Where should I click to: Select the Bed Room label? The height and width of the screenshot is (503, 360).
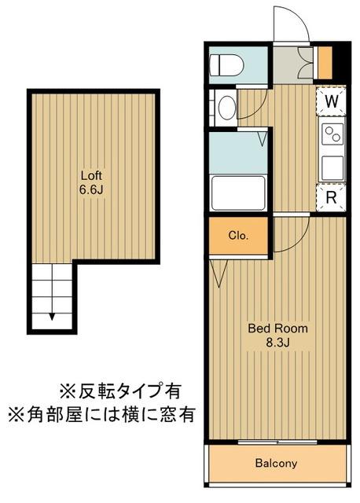277,329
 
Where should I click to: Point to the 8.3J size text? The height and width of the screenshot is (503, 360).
277,343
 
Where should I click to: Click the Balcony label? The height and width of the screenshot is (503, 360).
276,464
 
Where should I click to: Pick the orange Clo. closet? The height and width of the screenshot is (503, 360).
238,235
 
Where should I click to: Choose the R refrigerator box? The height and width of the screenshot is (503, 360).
332,197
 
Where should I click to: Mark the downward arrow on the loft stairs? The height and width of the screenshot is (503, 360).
53,316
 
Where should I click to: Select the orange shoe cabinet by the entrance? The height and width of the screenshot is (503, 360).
322,62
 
